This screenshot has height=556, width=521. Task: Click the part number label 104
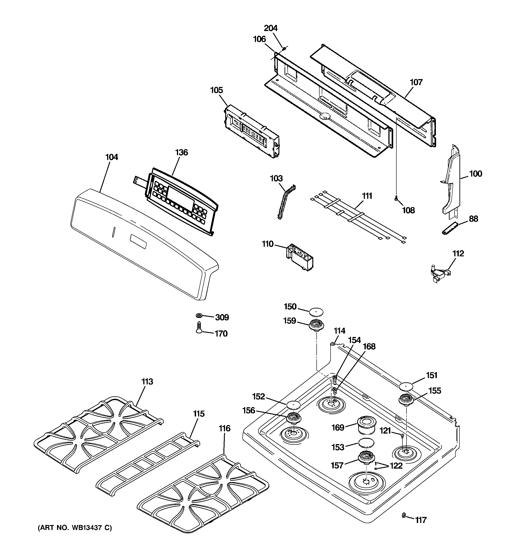(x=112, y=157)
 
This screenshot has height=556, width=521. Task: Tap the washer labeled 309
(x=199, y=316)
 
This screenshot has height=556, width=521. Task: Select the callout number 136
(x=181, y=153)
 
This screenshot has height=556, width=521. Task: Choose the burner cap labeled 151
(x=406, y=387)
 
